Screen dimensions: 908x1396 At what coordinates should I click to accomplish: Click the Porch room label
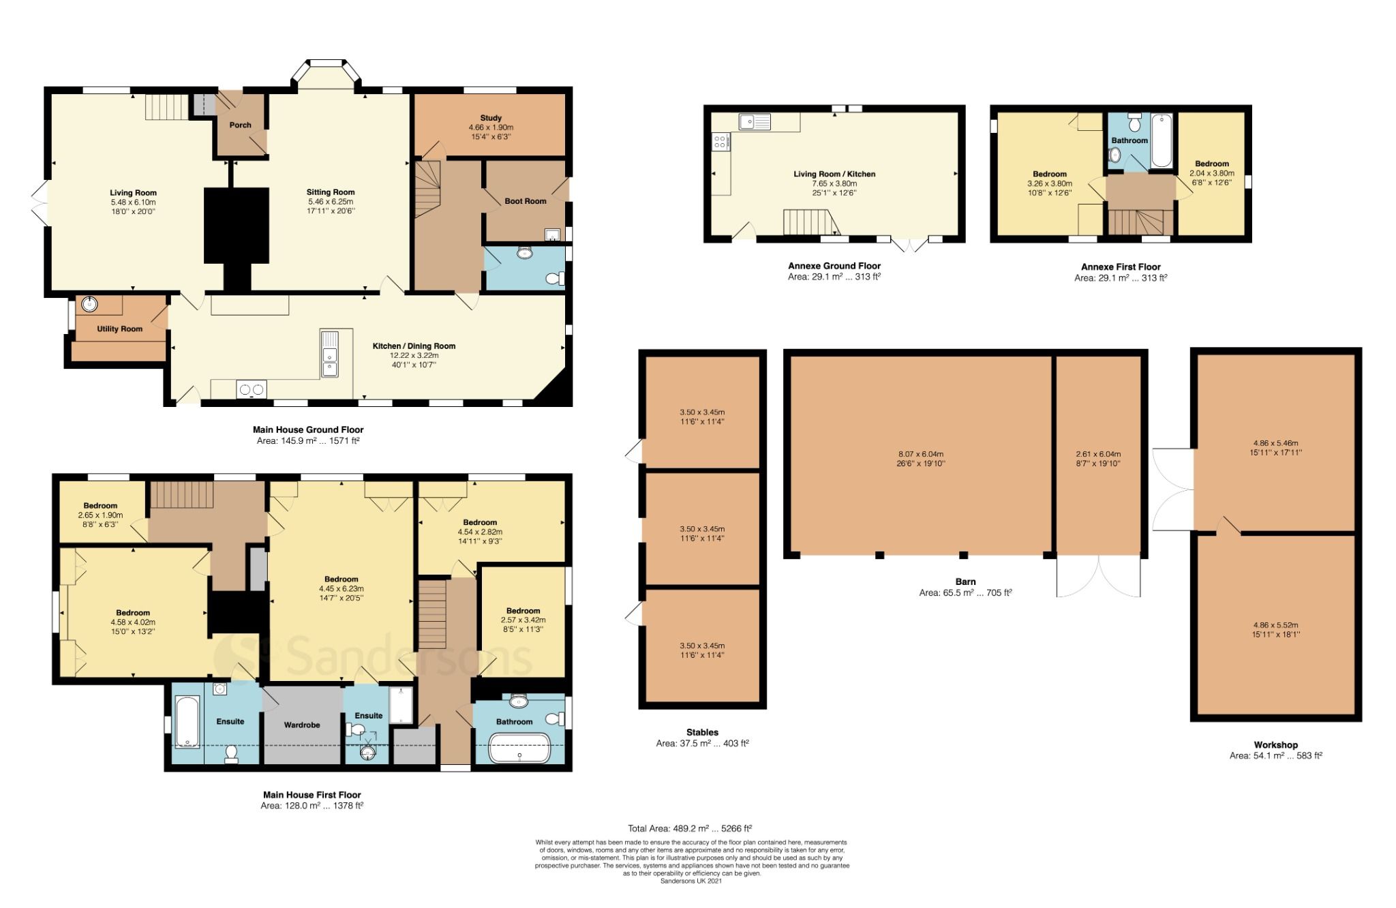coord(240,125)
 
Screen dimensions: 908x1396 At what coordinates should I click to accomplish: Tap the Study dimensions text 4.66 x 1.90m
coord(491,127)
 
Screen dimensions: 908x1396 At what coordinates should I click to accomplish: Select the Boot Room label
coord(525,201)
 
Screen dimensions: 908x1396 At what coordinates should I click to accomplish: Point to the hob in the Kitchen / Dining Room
coord(251,390)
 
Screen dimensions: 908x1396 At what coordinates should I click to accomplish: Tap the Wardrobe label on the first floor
coord(301,725)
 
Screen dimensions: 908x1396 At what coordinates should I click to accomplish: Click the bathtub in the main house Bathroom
coord(519,748)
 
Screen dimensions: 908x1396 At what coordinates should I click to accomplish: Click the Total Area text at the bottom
coord(689,828)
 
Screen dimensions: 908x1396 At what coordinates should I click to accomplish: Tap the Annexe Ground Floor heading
coord(834,266)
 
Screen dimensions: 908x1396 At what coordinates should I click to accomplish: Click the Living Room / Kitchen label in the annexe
coord(834,174)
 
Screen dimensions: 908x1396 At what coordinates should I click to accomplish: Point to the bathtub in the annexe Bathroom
coord(1161,141)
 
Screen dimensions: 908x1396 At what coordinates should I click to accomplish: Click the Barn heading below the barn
coord(965,581)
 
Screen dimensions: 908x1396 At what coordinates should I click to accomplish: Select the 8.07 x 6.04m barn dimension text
coord(920,454)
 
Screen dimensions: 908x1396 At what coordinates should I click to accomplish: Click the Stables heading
coord(702,732)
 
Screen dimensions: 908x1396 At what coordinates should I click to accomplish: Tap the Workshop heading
coord(1275,744)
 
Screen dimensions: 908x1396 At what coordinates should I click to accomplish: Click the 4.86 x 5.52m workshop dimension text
coord(1275,625)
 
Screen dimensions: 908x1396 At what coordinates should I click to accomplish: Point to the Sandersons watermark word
coord(409,656)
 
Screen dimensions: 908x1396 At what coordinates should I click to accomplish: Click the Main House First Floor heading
coord(312,794)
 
